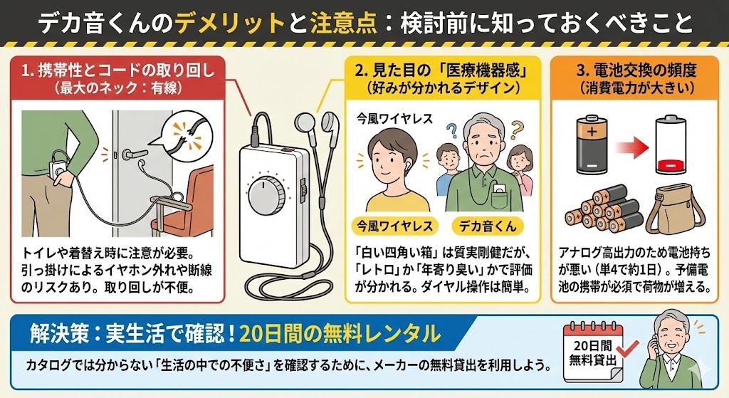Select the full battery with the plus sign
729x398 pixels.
592,147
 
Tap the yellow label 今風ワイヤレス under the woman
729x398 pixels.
394,227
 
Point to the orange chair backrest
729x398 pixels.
194,189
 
